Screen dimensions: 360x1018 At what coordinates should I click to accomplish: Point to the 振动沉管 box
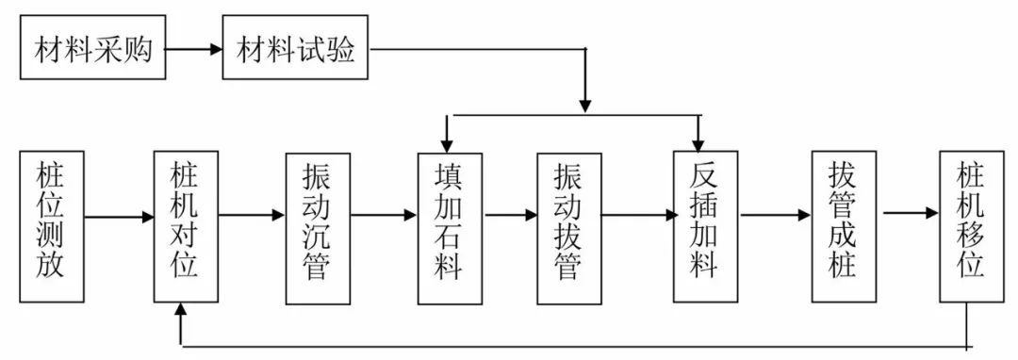coord(317,227)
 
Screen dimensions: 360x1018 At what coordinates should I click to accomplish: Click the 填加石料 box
coord(450,227)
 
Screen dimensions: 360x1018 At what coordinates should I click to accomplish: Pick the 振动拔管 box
coord(569,227)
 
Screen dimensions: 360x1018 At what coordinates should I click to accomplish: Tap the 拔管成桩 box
coord(843,227)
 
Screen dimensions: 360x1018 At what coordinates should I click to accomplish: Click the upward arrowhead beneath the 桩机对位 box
coord(181,313)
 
